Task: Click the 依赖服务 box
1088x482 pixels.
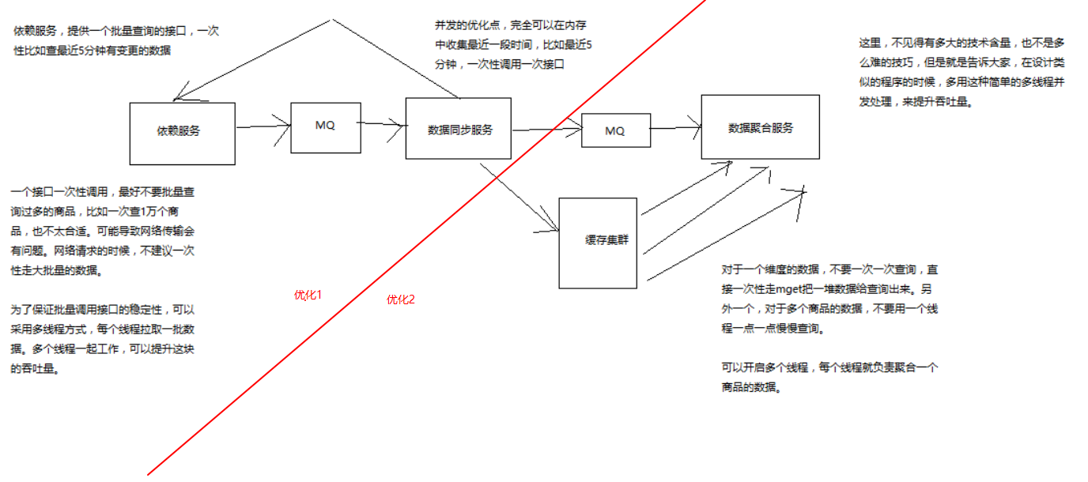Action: coord(182,133)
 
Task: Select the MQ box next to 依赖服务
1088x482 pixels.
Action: coord(326,126)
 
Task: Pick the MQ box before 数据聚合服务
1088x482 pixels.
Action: coord(615,131)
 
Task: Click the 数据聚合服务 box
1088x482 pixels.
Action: coord(760,127)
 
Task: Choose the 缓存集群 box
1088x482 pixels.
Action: coord(598,242)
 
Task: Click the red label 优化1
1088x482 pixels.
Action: coord(308,295)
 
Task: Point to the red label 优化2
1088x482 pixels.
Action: coord(400,299)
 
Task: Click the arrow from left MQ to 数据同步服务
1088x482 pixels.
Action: coord(383,123)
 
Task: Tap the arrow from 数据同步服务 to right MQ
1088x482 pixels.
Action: coord(546,130)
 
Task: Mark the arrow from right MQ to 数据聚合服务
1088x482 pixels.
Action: coord(675,127)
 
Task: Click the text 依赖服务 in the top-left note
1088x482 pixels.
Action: coord(35,31)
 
